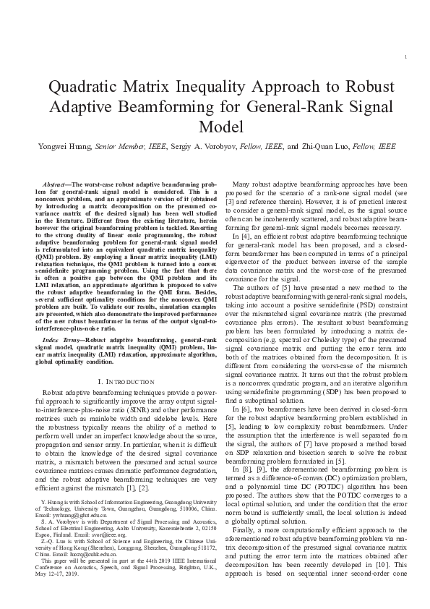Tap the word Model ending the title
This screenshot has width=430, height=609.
click(x=215, y=127)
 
